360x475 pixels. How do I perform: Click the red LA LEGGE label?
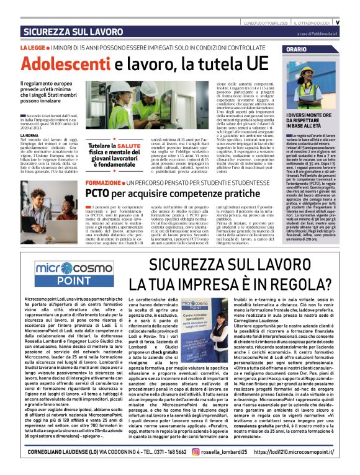click(32, 48)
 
